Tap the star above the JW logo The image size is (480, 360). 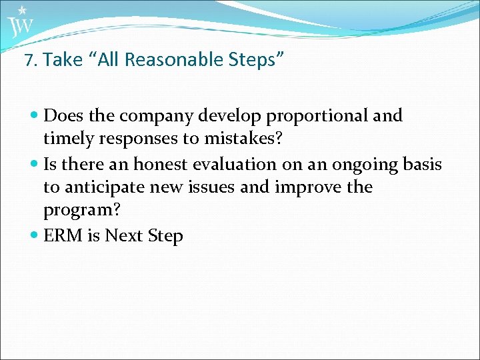click(22, 10)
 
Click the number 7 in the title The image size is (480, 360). click(29, 61)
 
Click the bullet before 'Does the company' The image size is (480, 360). click(35, 116)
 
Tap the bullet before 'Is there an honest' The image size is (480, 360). click(35, 164)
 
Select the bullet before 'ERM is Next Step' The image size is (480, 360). click(35, 236)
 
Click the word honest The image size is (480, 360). click(161, 164)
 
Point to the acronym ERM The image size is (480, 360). click(62, 236)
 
